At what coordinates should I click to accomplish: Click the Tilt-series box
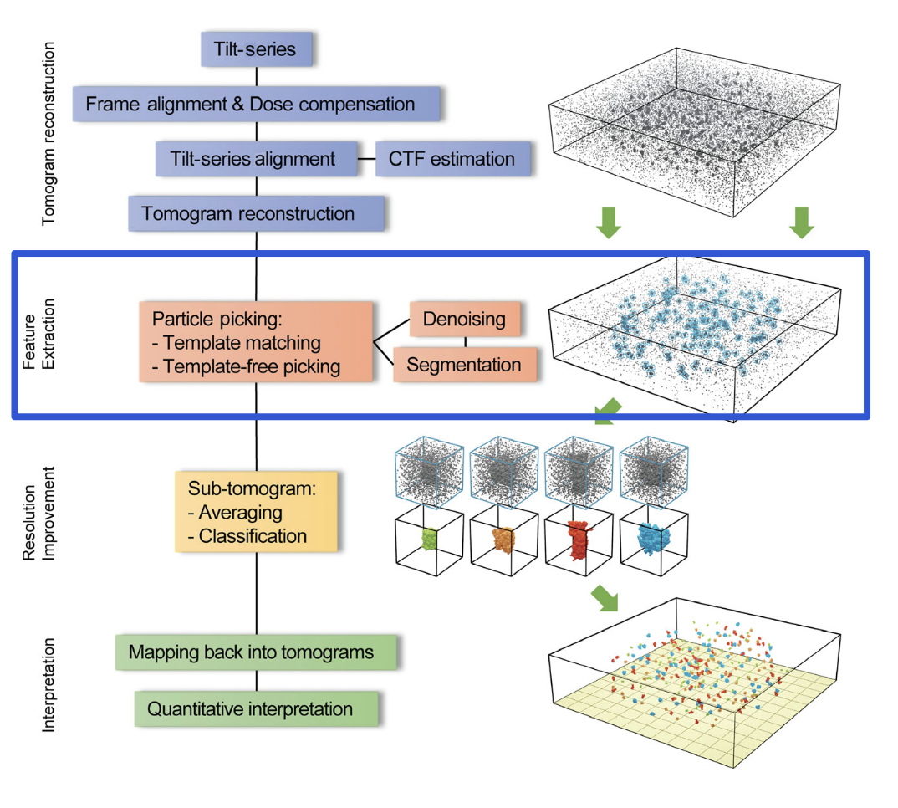(258, 49)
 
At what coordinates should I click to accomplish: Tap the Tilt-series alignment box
(253, 158)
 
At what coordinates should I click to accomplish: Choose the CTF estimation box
(452, 158)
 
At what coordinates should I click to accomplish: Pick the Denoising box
(464, 319)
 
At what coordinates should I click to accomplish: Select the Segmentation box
(463, 365)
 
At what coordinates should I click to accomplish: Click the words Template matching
(242, 342)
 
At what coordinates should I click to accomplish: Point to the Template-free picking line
(252, 366)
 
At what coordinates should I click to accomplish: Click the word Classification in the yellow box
(253, 536)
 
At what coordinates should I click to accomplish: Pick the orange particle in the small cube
(504, 540)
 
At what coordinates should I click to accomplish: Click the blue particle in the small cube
(653, 539)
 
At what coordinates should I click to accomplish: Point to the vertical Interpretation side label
(48, 685)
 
